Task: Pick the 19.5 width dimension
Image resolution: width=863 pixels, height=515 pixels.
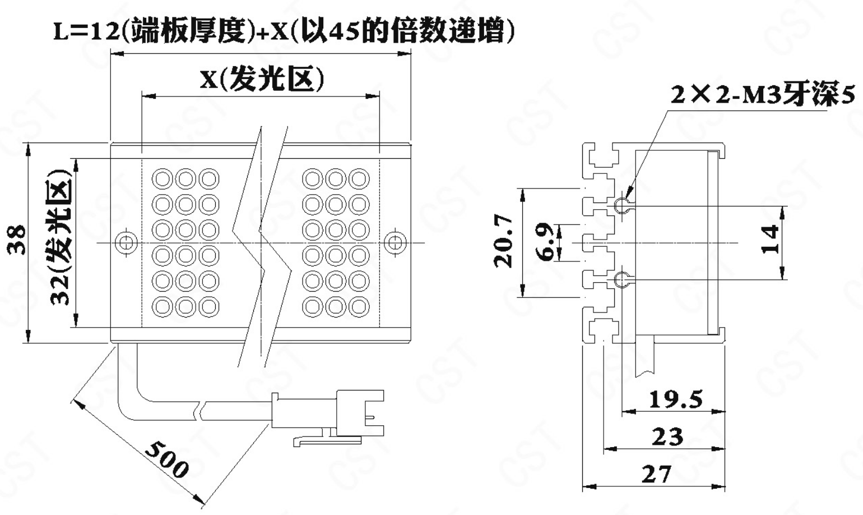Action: coord(675,399)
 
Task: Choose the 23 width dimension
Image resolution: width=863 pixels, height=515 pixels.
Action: coord(667,436)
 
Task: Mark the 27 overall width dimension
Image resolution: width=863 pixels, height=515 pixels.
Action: coord(656,474)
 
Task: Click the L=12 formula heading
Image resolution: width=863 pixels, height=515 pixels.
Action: coord(284,32)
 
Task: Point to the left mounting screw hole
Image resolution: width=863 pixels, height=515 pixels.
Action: coord(126,242)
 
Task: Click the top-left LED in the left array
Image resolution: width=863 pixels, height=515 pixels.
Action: coord(163,180)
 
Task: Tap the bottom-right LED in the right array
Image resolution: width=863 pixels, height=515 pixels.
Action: coord(359,306)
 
